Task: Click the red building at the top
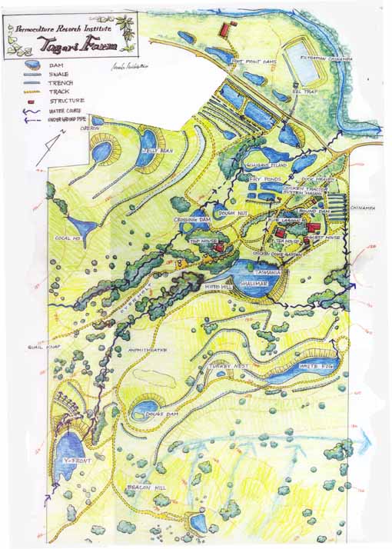[226, 29]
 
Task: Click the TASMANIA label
[274, 272]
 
